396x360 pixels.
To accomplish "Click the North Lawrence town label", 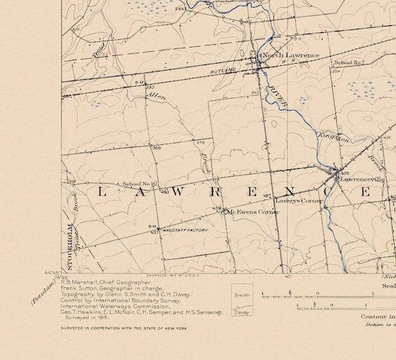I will pos(291,55).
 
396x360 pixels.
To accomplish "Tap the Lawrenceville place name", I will pos(363,179).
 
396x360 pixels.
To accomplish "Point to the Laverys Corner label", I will pos(299,201).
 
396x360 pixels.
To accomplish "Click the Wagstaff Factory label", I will pos(186,230).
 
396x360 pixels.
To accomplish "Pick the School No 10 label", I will pos(140,184).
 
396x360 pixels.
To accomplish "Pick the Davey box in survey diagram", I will pos(243,312).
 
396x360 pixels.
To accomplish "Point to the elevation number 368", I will pos(156,148).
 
